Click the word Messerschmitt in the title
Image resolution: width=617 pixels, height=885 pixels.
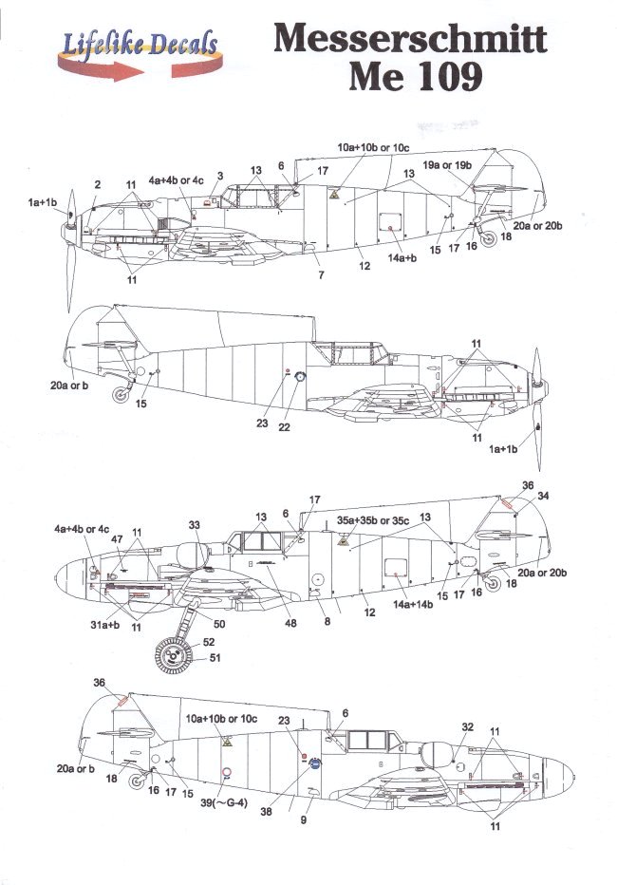point(410,40)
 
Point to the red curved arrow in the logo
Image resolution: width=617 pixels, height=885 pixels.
point(133,68)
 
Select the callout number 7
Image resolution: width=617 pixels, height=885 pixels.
point(321,274)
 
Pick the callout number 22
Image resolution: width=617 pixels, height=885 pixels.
point(283,426)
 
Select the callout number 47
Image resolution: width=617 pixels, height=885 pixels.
point(117,538)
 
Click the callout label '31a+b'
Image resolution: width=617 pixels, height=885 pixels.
point(103,624)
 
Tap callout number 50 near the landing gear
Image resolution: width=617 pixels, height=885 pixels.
point(219,624)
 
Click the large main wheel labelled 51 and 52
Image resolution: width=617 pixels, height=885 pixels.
point(173,655)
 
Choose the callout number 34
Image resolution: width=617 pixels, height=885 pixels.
point(542,495)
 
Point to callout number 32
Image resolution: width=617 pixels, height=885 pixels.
point(466,726)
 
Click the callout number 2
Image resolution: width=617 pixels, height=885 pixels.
point(98,183)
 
